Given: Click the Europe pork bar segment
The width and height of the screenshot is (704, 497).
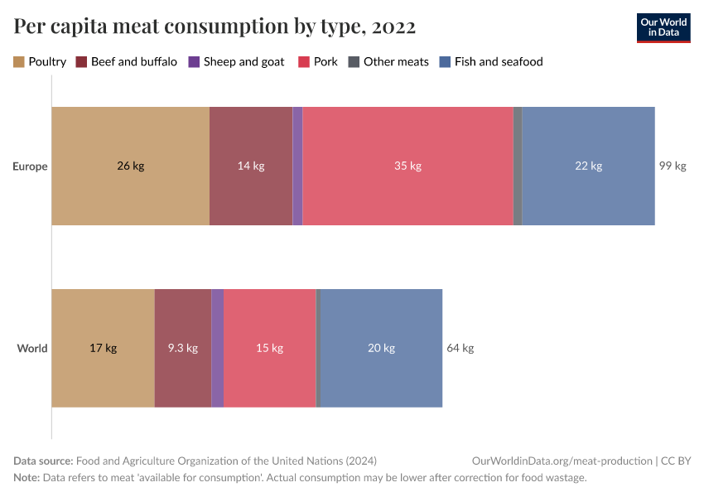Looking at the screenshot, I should (x=407, y=166).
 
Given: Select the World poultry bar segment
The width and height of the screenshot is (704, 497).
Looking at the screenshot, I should (x=103, y=348).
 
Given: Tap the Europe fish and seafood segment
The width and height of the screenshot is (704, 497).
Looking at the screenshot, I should (x=588, y=166).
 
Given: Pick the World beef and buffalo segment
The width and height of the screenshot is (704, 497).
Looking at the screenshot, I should (x=182, y=348).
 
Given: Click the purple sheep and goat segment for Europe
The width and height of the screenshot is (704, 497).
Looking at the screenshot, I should (x=297, y=166).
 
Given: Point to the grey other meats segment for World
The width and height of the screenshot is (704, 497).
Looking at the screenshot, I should (x=318, y=348).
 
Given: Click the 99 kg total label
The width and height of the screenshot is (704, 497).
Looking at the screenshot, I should (x=673, y=166).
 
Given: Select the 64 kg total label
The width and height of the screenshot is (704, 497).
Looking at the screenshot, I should (x=460, y=348).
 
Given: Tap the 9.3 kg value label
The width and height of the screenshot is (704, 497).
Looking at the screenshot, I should (x=182, y=348).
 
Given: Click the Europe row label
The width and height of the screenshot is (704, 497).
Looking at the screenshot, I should (x=30, y=166).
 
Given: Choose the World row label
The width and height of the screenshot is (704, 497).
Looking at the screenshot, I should (x=32, y=348).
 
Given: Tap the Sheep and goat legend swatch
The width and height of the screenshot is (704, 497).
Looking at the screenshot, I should (x=194, y=61).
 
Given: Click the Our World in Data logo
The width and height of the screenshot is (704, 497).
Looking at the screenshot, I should (x=663, y=27).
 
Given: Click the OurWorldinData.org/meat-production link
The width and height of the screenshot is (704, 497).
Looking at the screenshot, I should (x=561, y=461).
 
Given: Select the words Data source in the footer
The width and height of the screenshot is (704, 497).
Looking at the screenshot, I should (x=42, y=461).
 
